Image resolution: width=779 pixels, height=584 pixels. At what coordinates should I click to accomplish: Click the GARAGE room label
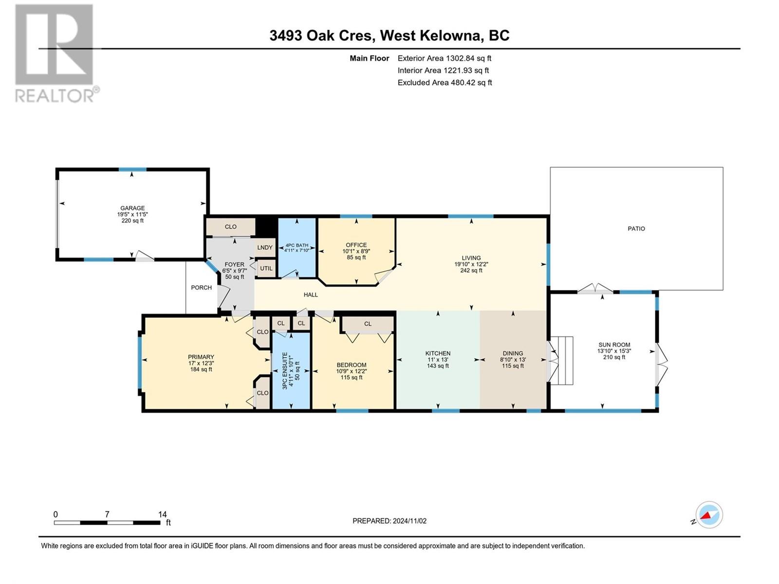[x=132, y=208]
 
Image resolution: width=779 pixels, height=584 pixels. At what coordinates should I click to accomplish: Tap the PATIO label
[x=636, y=229]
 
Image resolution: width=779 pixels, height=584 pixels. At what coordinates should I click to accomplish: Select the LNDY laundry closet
[x=265, y=248]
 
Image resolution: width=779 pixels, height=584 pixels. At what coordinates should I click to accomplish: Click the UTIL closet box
[x=266, y=269]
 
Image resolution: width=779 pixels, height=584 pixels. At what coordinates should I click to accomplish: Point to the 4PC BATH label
[x=297, y=245]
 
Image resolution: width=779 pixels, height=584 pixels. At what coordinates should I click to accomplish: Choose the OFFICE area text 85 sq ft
[x=356, y=257]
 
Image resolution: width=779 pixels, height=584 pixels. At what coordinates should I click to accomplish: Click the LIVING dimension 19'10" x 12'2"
[x=471, y=264]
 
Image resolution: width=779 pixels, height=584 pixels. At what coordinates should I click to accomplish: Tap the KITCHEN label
[x=438, y=353]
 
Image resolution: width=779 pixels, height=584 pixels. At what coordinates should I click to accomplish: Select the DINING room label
[x=513, y=353]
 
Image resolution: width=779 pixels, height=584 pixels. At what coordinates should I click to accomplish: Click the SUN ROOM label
[x=614, y=345]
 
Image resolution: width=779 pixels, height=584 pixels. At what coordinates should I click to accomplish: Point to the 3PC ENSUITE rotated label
[x=285, y=371]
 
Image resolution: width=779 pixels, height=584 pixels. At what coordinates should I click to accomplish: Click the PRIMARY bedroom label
[x=201, y=357]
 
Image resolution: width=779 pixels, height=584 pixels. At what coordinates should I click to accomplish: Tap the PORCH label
[x=201, y=288]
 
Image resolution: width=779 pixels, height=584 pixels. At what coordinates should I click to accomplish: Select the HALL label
[x=311, y=294]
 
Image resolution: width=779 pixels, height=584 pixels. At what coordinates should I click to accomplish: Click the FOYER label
[x=234, y=265]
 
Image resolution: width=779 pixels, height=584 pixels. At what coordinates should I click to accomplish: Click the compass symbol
[x=709, y=515]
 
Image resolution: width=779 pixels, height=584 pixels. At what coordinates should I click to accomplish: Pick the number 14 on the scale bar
[x=162, y=514]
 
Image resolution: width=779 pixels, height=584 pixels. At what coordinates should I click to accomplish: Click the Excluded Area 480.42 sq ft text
[x=445, y=83]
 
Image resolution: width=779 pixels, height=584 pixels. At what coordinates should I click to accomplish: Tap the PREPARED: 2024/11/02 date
[x=389, y=521]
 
